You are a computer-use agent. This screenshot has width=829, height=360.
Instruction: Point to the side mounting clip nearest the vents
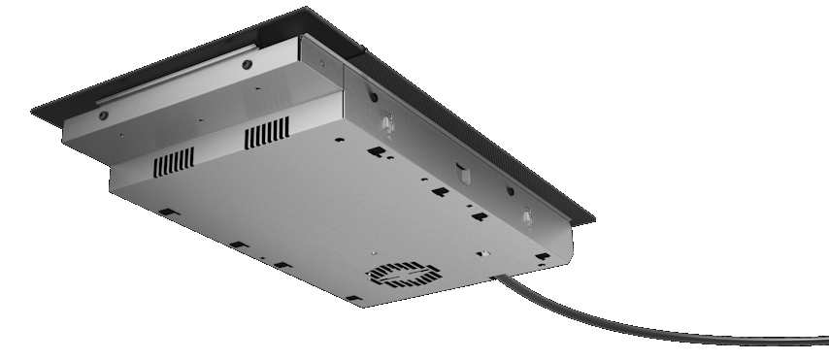(x=388, y=124)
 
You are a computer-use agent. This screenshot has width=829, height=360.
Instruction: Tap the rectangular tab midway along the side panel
(x=464, y=174)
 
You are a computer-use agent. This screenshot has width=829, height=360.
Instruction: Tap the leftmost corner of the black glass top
(x=34, y=110)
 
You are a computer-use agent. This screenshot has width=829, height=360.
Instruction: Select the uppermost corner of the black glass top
(x=309, y=10)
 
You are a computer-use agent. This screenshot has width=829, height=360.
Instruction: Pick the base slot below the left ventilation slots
(x=167, y=211)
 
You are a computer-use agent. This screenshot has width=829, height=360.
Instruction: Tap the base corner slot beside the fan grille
(x=354, y=297)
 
